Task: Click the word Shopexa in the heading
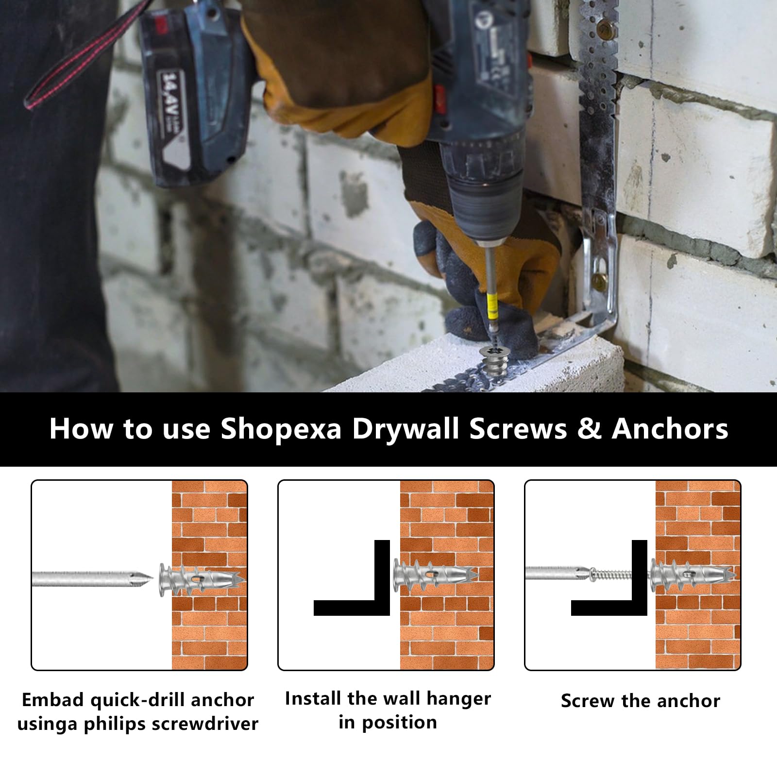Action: coord(282,429)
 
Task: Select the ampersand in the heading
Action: coord(589,428)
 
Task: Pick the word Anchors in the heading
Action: coord(670,428)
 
